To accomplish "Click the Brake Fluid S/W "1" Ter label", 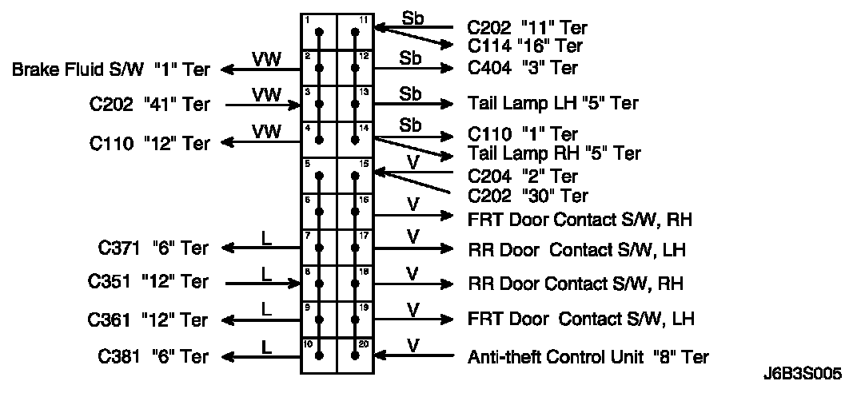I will point(110,69).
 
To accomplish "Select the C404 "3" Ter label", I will point(523,68).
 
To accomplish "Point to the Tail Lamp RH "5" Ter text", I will point(554,153).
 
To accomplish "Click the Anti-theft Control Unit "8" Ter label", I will point(588,356).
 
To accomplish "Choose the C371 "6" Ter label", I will point(149,248).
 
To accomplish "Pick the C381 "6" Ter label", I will point(149,356).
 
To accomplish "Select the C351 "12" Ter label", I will point(149,282).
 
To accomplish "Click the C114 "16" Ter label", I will point(525,46).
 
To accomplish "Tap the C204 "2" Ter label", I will point(523,176).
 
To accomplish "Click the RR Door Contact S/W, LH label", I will point(577,250).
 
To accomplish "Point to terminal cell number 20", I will point(356,355).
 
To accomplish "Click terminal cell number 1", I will point(319,31).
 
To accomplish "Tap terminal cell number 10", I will point(319,355).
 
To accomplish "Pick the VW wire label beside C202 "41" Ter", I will point(265,94).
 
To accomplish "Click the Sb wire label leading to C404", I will point(411,58).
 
